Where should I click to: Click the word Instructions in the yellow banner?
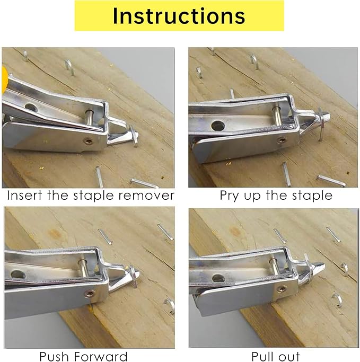(x=179, y=15)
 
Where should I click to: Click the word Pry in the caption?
(x=231, y=196)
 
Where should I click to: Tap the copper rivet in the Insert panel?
(x=88, y=141)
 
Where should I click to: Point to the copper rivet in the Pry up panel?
(x=281, y=140)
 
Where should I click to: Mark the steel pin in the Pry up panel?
(x=277, y=114)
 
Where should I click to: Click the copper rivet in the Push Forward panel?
(x=91, y=293)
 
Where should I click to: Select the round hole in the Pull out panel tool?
(x=217, y=277)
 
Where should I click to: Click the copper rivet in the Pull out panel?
(x=282, y=289)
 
